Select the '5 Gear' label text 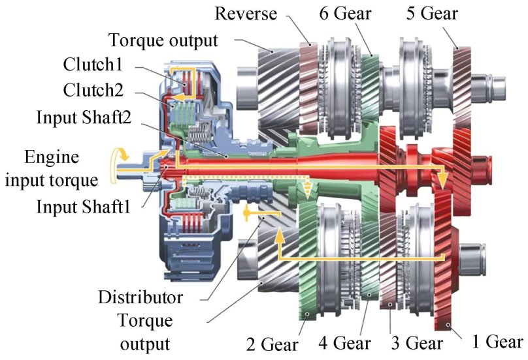pos(432,12)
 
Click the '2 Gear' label pos(271,343)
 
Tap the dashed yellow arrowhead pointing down pos(308,193)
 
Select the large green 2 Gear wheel pos(306,261)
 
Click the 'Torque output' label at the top pos(163,40)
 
